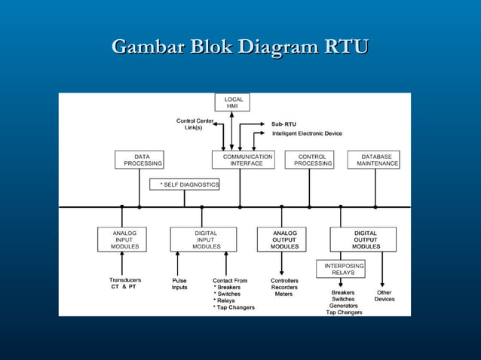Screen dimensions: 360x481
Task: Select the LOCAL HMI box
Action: [233, 103]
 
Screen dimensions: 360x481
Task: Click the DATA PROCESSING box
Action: [139, 160]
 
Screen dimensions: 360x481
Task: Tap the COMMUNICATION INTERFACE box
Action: [241, 160]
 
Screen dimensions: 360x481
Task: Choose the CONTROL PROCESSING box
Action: [309, 160]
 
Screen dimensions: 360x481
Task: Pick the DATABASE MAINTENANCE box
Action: [374, 160]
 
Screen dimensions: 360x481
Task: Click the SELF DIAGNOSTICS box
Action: [185, 185]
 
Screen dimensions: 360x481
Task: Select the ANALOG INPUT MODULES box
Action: [121, 239]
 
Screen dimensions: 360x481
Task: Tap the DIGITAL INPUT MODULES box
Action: [203, 239]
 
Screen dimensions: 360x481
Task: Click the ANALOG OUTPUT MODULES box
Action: [281, 239]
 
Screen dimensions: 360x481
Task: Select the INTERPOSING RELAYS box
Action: [341, 269]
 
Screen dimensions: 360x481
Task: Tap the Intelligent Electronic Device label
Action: [306, 133]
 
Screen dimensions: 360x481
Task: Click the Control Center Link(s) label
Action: [195, 124]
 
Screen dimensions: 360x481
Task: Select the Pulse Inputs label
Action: [179, 284]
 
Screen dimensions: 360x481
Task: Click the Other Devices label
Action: [384, 296]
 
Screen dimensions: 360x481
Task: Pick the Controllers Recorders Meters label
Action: [284, 287]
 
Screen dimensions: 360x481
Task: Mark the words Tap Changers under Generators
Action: [344, 313]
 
